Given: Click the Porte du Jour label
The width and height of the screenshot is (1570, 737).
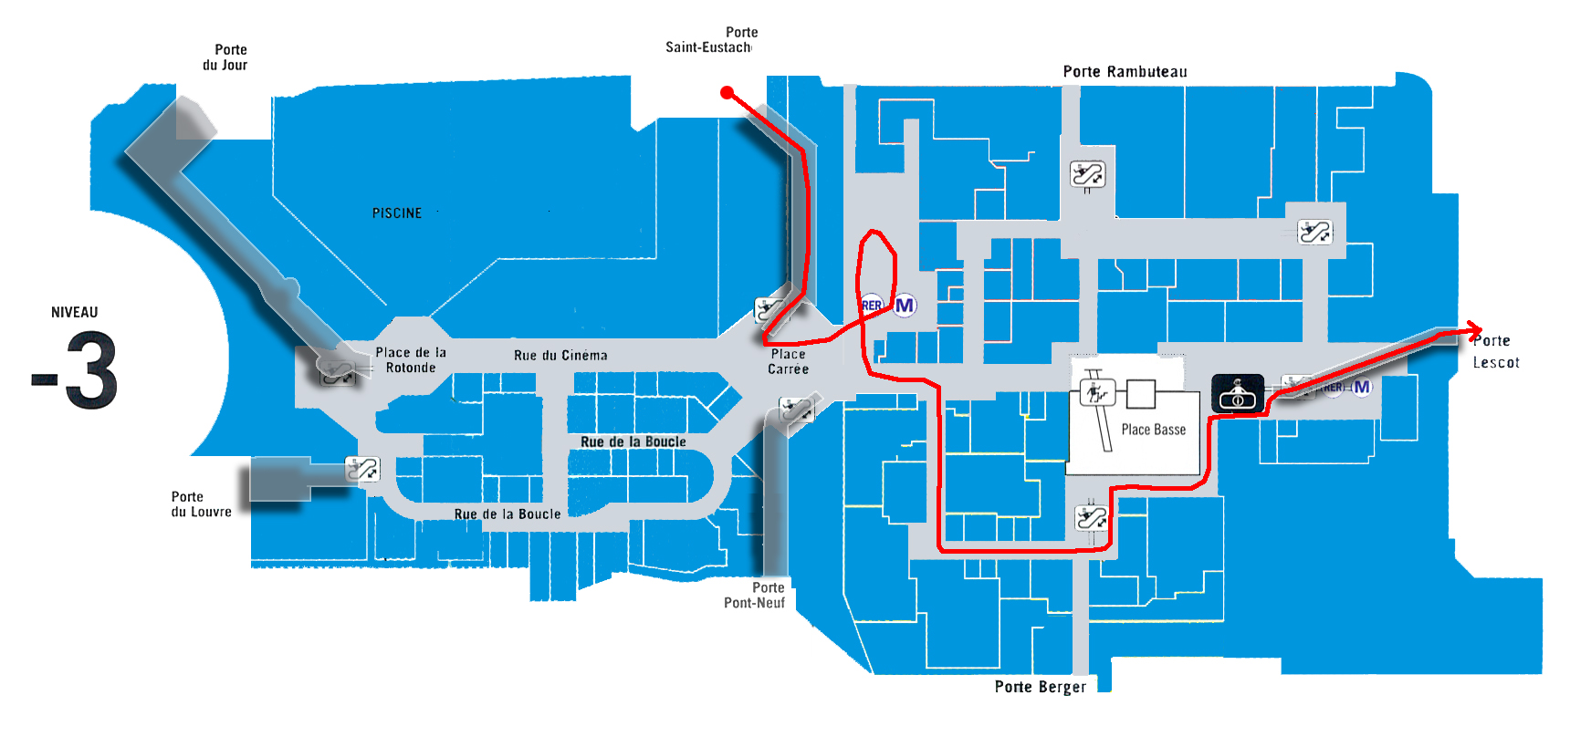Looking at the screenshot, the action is point(225,57).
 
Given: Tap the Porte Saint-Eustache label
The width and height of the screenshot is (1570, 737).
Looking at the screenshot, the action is point(709,40).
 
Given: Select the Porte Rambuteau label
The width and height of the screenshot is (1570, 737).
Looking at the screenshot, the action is point(1125,72).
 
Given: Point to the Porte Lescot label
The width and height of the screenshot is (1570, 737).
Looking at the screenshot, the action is point(1495,351).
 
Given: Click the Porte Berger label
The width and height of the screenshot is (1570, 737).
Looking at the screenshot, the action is point(1041,687).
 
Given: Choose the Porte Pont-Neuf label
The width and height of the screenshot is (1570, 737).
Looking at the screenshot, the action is point(755,595).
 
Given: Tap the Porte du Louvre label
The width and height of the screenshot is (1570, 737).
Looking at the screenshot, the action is point(201,504).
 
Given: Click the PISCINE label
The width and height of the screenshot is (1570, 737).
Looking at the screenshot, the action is point(397,213).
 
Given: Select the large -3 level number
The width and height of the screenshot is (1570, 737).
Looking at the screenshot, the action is point(75,370).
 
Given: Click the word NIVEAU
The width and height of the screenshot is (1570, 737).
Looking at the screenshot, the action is point(75,312).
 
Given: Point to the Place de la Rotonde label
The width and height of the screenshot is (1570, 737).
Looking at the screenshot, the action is point(411,360).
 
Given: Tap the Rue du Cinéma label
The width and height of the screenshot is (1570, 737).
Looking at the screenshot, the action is point(560,356).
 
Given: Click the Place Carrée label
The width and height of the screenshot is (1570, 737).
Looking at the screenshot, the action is point(788,361).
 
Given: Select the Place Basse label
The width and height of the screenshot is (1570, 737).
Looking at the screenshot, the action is point(1154,430).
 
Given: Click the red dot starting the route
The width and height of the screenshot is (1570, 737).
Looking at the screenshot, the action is point(727,92).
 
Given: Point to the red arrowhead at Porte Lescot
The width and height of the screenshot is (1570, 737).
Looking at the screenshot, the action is point(1472,330).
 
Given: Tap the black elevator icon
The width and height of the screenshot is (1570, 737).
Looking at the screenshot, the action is point(1238,393).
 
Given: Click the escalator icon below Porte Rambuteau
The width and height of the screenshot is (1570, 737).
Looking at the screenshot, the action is point(1087,173).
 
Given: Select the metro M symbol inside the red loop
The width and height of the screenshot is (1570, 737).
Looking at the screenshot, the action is point(905,306).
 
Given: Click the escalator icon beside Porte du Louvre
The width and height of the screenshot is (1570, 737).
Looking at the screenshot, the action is point(362,469).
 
